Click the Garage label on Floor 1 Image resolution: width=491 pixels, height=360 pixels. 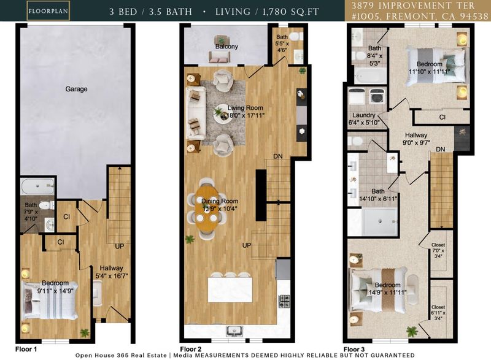point(76,89)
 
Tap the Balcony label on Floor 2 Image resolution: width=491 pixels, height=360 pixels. point(226,47)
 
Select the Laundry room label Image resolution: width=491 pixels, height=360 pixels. point(364,115)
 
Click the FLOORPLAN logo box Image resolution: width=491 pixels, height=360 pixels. point(48,11)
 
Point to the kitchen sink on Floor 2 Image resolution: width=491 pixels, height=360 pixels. point(233,331)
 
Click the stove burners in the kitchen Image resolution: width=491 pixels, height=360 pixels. point(284,301)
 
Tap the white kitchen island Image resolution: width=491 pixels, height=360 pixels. point(230,289)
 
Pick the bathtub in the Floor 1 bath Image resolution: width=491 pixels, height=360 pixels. point(37,186)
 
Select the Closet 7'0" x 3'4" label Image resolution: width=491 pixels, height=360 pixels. point(438,251)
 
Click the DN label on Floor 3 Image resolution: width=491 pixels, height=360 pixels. point(441,150)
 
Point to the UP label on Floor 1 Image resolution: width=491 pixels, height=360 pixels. point(120,247)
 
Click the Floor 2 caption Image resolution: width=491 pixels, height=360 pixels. point(191,349)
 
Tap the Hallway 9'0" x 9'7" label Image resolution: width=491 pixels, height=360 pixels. point(416,139)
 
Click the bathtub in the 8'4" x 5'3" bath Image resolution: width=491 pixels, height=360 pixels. point(369,76)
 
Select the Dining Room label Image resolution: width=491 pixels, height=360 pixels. point(220,201)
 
